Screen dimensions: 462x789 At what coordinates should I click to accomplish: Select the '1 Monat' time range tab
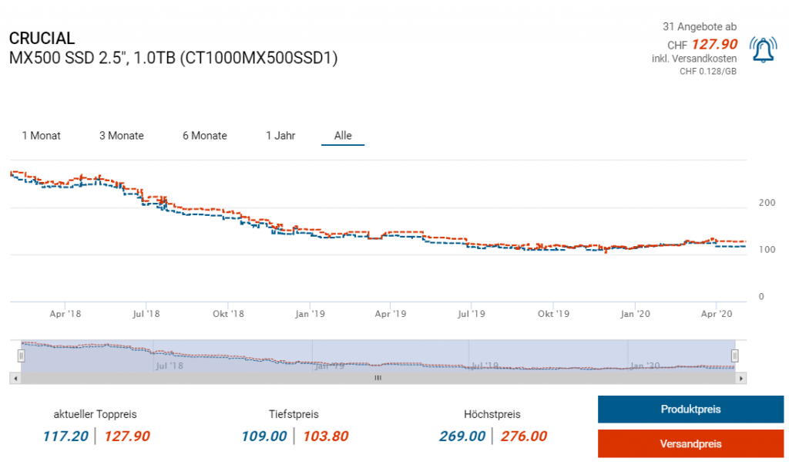tap(41, 136)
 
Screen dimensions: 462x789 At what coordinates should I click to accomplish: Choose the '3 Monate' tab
tap(121, 136)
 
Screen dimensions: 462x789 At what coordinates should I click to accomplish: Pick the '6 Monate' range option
tap(204, 136)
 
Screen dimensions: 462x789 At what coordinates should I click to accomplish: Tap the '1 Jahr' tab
tap(280, 136)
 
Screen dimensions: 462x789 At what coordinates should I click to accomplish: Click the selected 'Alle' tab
tap(343, 136)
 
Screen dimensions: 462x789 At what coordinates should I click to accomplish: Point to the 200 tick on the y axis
tap(767, 203)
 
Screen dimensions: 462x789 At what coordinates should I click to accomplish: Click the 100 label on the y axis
tap(767, 250)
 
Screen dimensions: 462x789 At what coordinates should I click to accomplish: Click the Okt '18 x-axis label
tap(228, 314)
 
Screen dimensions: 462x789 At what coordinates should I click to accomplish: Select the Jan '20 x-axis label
tap(636, 314)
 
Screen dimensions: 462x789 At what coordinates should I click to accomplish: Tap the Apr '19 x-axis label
tap(391, 314)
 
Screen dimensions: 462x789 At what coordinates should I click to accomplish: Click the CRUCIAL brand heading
tap(42, 38)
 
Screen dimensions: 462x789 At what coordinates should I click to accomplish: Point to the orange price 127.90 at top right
tap(714, 44)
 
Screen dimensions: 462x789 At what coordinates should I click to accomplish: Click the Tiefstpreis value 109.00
tap(264, 437)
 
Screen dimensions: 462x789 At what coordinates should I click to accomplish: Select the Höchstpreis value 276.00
tap(524, 437)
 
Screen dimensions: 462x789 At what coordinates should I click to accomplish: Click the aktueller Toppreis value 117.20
tap(65, 437)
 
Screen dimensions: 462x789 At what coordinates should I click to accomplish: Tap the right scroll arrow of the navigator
tap(741, 379)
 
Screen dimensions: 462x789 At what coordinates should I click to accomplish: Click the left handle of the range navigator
tap(22, 356)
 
